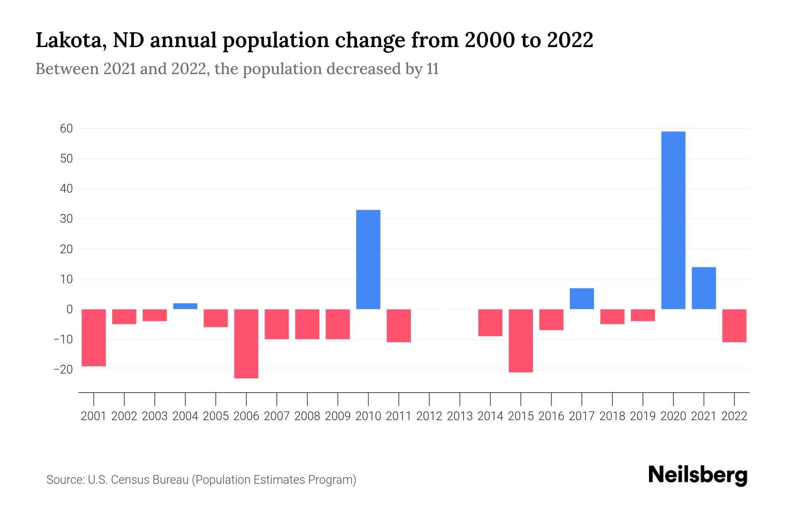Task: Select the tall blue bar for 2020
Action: [x=673, y=220]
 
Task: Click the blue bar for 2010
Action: [x=368, y=259]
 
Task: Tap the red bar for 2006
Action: [x=246, y=343]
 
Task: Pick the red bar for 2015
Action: [x=521, y=340]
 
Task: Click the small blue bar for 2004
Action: [x=185, y=306]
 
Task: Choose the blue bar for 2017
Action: [x=582, y=299]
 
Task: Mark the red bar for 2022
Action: [x=734, y=326]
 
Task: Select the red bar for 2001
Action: [x=94, y=337]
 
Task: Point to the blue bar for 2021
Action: [x=704, y=288]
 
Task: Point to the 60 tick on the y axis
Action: [x=66, y=129]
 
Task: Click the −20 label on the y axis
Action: [x=63, y=370]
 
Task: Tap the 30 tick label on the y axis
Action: [x=66, y=219]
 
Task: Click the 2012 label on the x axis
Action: [x=429, y=416]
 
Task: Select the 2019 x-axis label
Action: [x=643, y=416]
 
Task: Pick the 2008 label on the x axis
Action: [x=307, y=416]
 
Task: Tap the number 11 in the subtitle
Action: [x=432, y=69]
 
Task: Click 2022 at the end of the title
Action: [x=570, y=41]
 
